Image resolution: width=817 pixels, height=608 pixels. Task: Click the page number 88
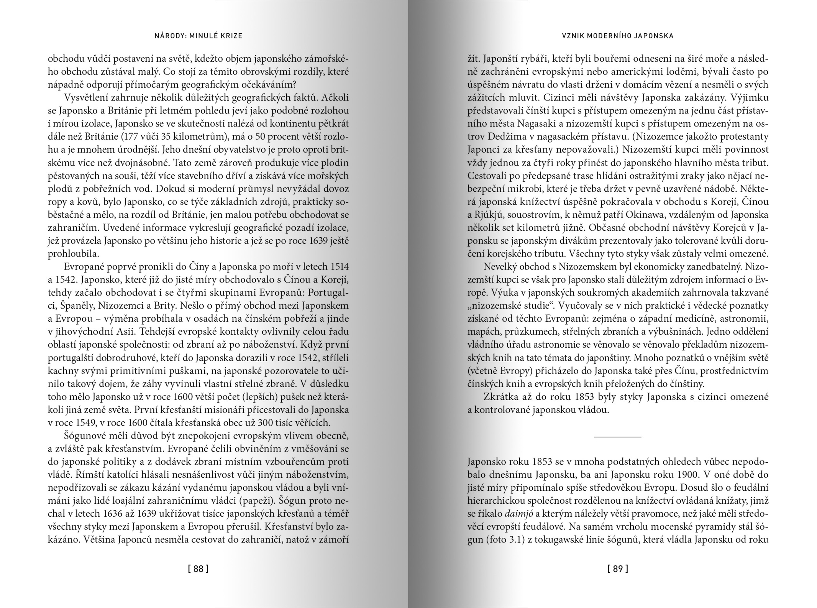(x=198, y=569)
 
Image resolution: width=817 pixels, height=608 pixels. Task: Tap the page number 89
(x=618, y=569)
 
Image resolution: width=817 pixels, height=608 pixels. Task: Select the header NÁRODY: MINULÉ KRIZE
(x=198, y=36)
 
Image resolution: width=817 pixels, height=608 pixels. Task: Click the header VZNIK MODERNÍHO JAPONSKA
(x=618, y=36)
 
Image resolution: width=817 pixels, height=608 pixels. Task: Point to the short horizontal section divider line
(x=617, y=437)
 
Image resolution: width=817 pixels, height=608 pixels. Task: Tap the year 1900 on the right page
(x=684, y=475)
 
